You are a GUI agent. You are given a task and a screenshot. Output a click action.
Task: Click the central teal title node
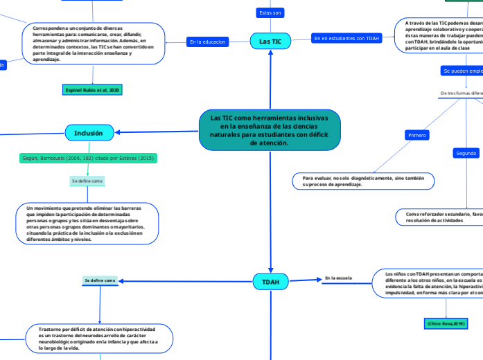(x=270, y=129)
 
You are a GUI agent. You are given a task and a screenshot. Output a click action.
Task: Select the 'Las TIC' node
(x=270, y=42)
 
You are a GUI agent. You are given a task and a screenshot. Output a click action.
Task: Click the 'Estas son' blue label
(x=270, y=13)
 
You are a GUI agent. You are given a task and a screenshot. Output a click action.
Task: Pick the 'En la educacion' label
(x=207, y=42)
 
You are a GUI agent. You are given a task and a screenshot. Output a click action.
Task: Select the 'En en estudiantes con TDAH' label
(x=347, y=38)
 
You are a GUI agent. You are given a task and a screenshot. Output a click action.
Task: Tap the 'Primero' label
(x=417, y=136)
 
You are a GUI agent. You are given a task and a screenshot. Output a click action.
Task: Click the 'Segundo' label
(x=466, y=152)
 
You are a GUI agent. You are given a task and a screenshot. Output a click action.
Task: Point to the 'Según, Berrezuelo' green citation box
(x=88, y=159)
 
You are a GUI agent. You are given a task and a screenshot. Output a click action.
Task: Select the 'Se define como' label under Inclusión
(x=87, y=181)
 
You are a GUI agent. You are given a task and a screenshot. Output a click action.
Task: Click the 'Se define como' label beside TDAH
(x=100, y=280)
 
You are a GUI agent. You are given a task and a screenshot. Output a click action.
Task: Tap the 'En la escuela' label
(x=338, y=278)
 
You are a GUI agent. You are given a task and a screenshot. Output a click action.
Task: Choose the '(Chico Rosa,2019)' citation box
(x=444, y=323)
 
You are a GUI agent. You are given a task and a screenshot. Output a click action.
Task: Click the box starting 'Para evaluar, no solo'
(x=364, y=181)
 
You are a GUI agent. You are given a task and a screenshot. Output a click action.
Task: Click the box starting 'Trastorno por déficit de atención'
(x=98, y=337)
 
